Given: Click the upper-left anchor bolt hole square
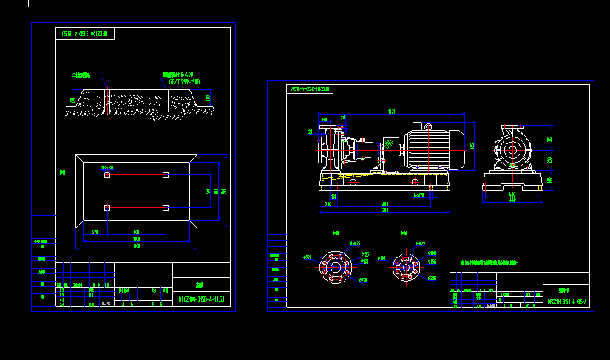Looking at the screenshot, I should [x=107, y=175].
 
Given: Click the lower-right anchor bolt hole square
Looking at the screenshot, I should [x=166, y=208].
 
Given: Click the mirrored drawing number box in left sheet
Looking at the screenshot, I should [x=85, y=33].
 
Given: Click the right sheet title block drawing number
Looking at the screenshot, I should [x=567, y=302].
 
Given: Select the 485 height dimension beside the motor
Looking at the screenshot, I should [x=472, y=146].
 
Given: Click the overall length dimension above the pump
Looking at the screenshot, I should [x=392, y=112].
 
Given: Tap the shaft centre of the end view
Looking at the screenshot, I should [x=512, y=151].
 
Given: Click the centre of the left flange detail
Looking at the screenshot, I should [x=336, y=266].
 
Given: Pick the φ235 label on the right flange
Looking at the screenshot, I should [x=433, y=278].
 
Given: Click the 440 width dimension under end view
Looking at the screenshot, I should [x=512, y=200].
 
